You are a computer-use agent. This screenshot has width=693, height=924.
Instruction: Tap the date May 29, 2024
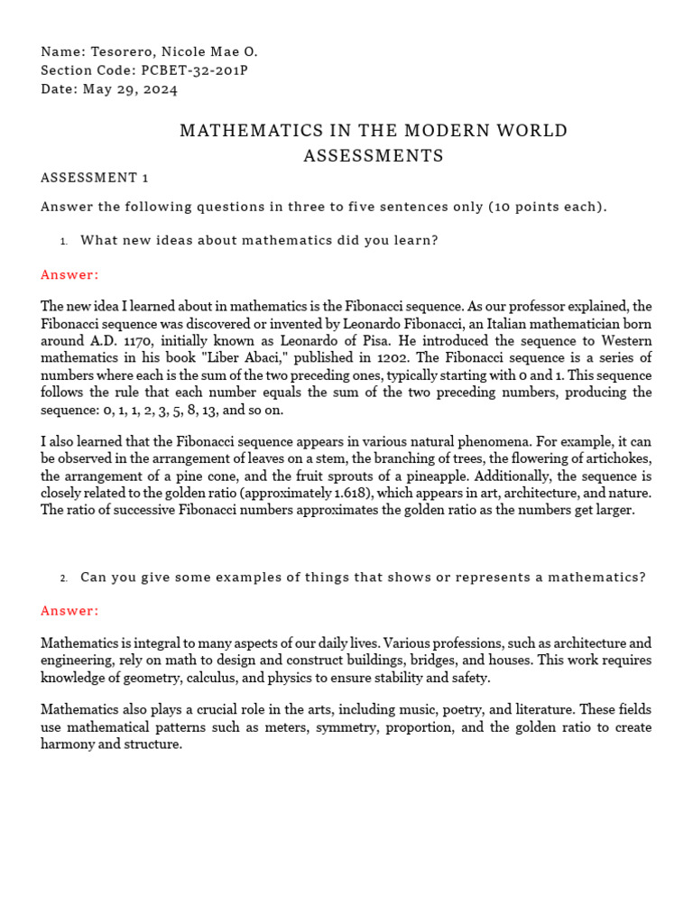(x=130, y=88)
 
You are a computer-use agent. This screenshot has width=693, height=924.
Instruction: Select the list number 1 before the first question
(x=64, y=241)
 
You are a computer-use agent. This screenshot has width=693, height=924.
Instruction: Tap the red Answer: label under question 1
(x=69, y=274)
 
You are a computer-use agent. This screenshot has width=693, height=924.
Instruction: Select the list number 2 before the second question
(x=64, y=578)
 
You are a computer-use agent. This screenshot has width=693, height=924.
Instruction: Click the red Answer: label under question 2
(x=69, y=611)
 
